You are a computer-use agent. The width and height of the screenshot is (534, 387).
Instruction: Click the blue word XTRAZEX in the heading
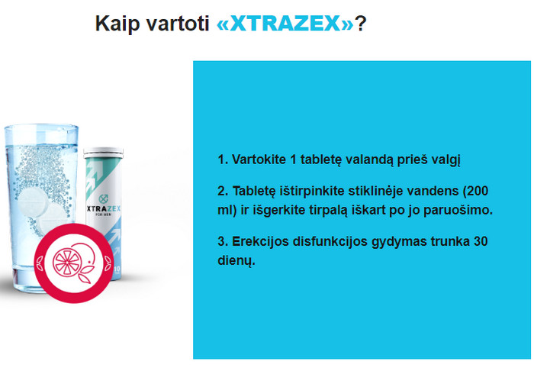[x=285, y=24]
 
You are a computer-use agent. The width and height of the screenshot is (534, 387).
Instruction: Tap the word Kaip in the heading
[x=117, y=24]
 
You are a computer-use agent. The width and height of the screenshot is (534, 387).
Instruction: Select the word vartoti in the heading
[x=178, y=24]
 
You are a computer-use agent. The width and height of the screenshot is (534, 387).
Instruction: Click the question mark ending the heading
[x=361, y=24]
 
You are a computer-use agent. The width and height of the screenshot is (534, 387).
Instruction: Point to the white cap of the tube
[x=103, y=153]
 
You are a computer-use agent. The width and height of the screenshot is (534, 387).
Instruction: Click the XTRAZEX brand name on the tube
[x=104, y=208]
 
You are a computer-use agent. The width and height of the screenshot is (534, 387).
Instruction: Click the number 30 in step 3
[x=481, y=241]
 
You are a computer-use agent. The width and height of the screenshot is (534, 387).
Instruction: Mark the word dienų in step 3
[x=236, y=261]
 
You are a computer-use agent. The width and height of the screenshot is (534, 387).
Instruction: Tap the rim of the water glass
[x=41, y=125]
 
